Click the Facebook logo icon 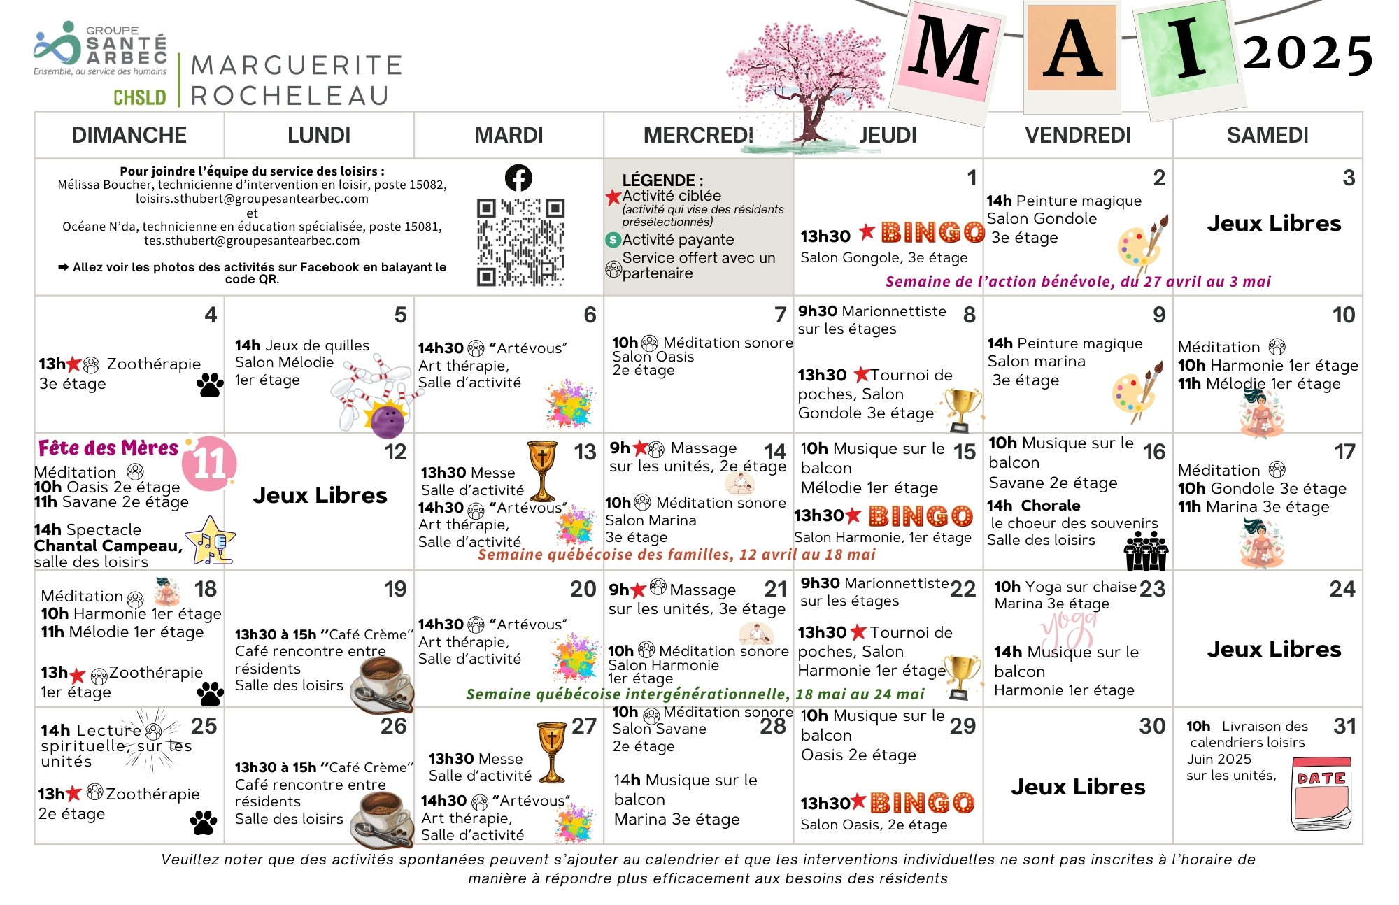[x=518, y=178]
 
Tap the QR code [x=520, y=242]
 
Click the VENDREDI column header [x=1077, y=135]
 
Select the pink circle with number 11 [x=209, y=463]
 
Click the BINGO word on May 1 [x=932, y=231]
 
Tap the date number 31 [x=1344, y=726]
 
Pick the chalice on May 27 [x=552, y=752]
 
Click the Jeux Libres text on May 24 [x=1273, y=649]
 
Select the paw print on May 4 [x=210, y=385]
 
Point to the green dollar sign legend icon [x=613, y=240]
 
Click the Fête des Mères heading [x=108, y=448]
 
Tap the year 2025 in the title [x=1307, y=54]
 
